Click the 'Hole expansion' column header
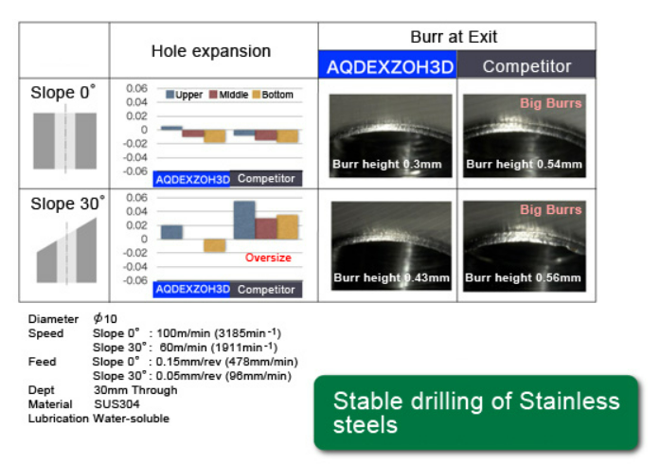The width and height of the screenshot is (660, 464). coord(211,51)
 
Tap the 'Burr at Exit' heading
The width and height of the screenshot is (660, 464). coord(454,37)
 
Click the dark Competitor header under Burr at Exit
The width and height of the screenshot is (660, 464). coord(526,64)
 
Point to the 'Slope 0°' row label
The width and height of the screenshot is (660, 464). coord(63,92)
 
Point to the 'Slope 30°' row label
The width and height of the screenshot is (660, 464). coord(67,204)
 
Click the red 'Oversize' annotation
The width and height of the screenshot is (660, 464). coord(268,258)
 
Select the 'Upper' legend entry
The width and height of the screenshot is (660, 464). coord(184,95)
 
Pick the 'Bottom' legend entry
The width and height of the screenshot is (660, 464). coord(273,95)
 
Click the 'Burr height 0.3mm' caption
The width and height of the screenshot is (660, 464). coord(387,164)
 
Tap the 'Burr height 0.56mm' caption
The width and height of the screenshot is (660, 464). coord(523,277)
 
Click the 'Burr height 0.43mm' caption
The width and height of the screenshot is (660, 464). coord(391,277)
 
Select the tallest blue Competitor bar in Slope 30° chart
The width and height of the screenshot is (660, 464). coord(244,221)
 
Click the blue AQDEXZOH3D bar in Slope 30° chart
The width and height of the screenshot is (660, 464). coord(171,232)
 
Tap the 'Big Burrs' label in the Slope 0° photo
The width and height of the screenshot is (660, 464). coord(550,103)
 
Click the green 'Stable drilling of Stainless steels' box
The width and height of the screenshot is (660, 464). coord(476,413)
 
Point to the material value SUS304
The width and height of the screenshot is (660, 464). coord(116,404)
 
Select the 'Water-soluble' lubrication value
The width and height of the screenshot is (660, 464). coord(131,419)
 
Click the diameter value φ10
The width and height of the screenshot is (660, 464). coord(105,318)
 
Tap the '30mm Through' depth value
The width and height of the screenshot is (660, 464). coord(135,390)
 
